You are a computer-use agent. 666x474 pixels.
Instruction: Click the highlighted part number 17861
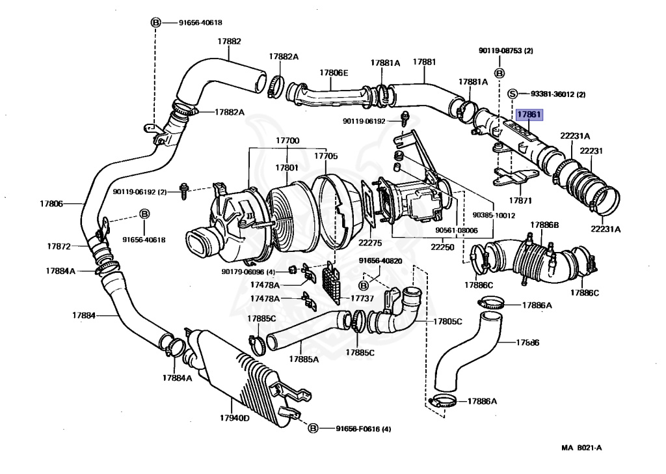coord(529,114)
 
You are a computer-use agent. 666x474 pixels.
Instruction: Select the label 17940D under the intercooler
coord(234,418)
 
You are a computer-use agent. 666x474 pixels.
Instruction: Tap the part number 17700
coord(287,140)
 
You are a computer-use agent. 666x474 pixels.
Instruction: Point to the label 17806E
coord(334,73)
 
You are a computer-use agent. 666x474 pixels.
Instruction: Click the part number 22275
coord(370,243)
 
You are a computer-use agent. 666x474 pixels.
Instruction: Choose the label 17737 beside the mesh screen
coord(362,298)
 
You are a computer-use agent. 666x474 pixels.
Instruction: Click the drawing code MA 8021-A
coord(581,447)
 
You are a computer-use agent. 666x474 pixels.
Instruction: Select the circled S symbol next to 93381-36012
coord(513,94)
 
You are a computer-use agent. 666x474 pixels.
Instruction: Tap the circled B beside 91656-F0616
coord(313,428)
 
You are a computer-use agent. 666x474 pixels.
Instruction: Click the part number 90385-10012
coord(494,215)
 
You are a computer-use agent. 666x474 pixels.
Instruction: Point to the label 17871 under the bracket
coord(520,201)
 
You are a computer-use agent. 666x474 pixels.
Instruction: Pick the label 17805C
coord(447,322)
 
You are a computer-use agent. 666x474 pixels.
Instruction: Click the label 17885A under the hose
coord(304,359)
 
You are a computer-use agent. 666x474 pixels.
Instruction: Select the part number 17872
coord(59,246)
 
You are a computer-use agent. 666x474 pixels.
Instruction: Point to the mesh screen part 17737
coord(332,283)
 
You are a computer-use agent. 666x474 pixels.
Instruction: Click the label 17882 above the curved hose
coord(230,41)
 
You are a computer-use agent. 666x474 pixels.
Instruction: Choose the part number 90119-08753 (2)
coord(506,51)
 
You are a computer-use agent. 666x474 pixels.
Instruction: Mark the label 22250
coord(442,247)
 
